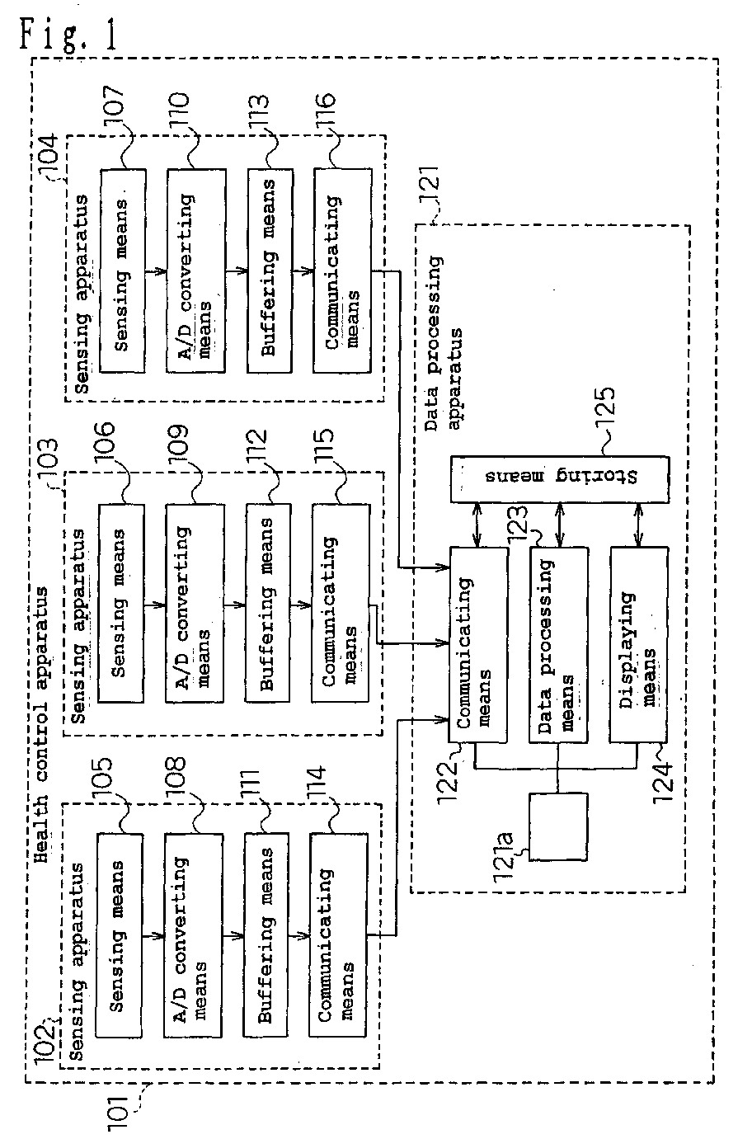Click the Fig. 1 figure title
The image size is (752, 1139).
68,33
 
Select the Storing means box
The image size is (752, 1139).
559,479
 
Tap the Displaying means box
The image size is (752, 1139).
638,644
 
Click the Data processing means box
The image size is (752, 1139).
559,645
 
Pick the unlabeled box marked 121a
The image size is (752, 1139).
558,826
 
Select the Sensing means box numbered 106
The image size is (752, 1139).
121,603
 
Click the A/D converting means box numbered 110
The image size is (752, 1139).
196,271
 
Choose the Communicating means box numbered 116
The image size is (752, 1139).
342,271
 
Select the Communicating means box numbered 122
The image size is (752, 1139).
478,645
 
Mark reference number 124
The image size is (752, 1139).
664,780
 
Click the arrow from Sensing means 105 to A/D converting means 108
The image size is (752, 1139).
153,935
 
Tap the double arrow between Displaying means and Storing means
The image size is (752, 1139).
639,525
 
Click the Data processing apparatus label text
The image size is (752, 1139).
443,343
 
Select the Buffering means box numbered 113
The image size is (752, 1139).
270,271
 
